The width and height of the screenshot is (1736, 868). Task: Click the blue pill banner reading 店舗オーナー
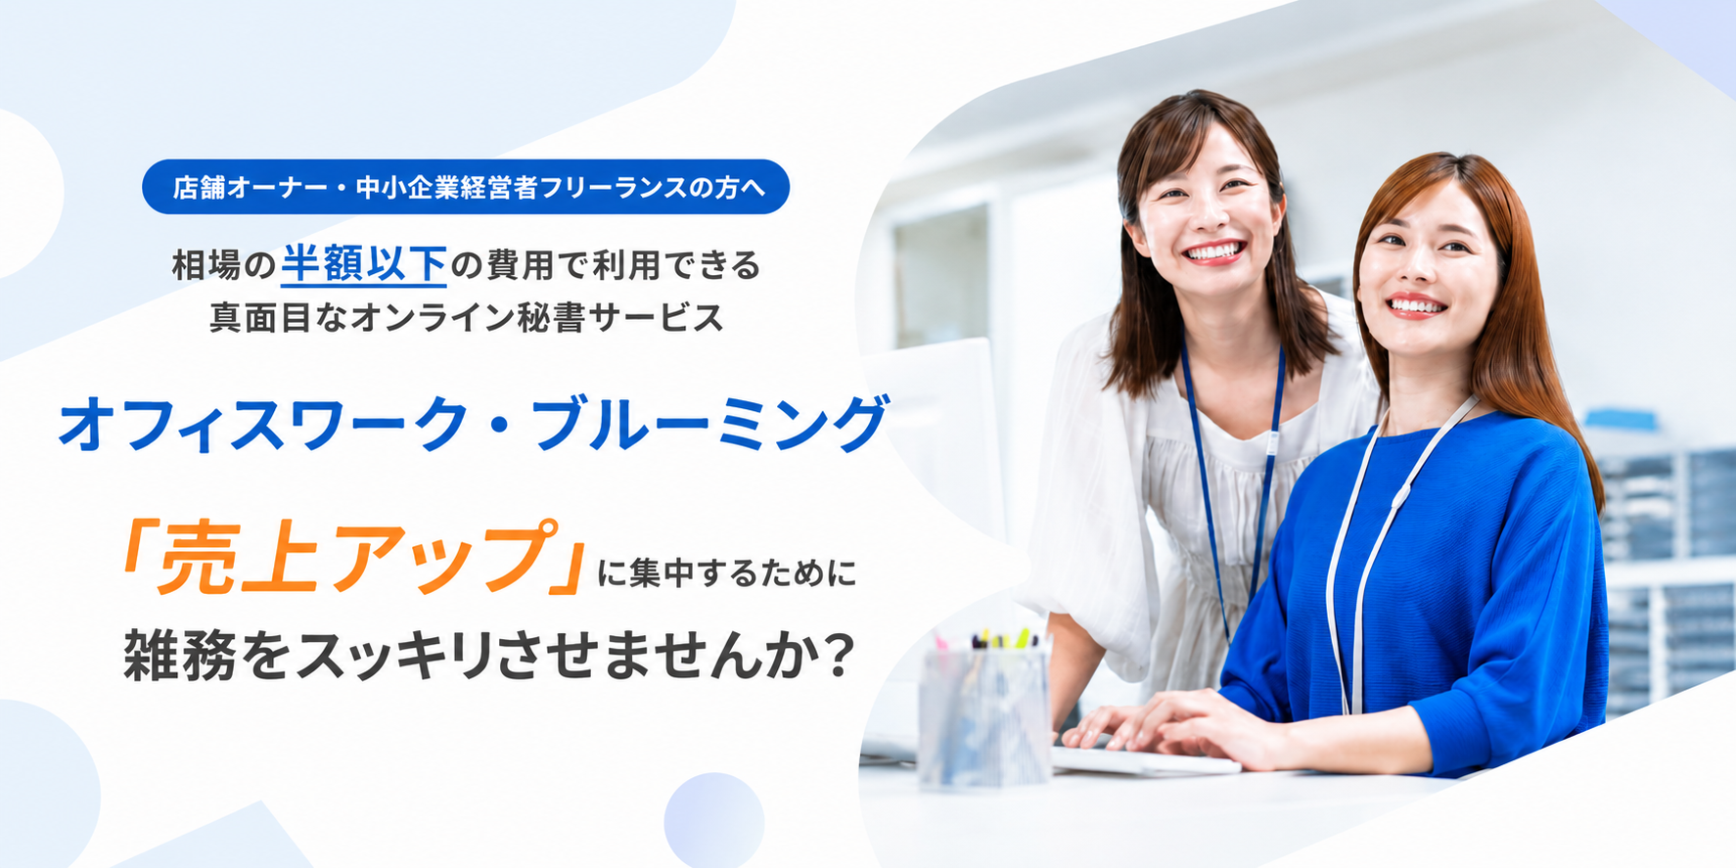coord(466,187)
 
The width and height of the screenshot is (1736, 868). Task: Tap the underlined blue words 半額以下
coord(364,264)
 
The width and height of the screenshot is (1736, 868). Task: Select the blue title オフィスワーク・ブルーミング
coord(474,425)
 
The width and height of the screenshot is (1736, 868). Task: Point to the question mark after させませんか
coord(837,654)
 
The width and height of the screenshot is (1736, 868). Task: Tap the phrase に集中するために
coord(727,571)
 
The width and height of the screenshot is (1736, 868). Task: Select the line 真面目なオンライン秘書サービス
coord(467,317)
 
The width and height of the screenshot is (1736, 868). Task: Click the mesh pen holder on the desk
coord(983,714)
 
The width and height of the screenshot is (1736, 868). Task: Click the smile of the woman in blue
coord(1415,305)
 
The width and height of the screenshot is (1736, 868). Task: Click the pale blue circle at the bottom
coord(714,820)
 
